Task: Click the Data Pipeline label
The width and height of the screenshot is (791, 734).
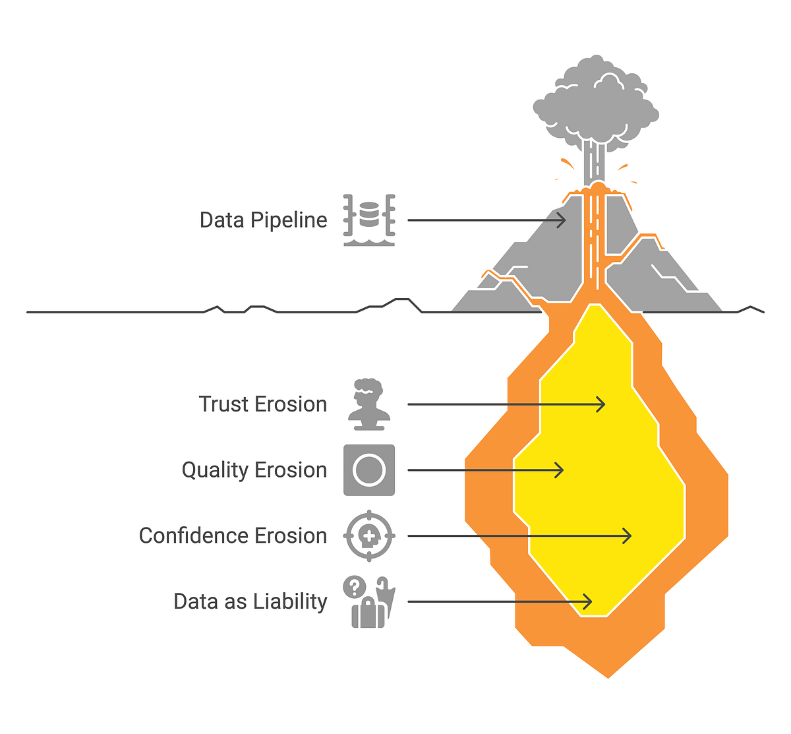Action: [x=263, y=220]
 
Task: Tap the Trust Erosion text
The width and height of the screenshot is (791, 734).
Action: [x=262, y=404]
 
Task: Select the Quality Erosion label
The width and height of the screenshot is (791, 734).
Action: [x=254, y=470]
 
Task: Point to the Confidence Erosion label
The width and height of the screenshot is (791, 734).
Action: [x=233, y=535]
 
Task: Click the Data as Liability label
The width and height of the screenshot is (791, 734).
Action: [x=250, y=601]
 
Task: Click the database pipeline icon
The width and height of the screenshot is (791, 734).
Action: [x=369, y=220]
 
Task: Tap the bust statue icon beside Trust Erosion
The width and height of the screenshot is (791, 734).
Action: [x=369, y=404]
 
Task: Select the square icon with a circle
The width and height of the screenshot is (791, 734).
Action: [x=369, y=470]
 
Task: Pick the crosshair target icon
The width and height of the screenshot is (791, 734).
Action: [x=369, y=535]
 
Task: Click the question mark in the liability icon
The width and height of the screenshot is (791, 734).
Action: [x=355, y=586]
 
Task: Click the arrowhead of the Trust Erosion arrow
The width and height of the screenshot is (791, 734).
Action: [x=602, y=404]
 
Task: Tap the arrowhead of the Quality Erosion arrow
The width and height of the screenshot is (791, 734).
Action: [x=560, y=470]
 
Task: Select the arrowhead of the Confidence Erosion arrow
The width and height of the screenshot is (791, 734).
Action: [x=628, y=535]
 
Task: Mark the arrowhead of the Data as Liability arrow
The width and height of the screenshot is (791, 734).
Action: [x=588, y=601]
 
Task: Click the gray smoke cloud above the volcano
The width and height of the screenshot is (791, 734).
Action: [x=595, y=106]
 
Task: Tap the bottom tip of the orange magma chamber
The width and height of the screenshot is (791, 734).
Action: [x=608, y=676]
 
